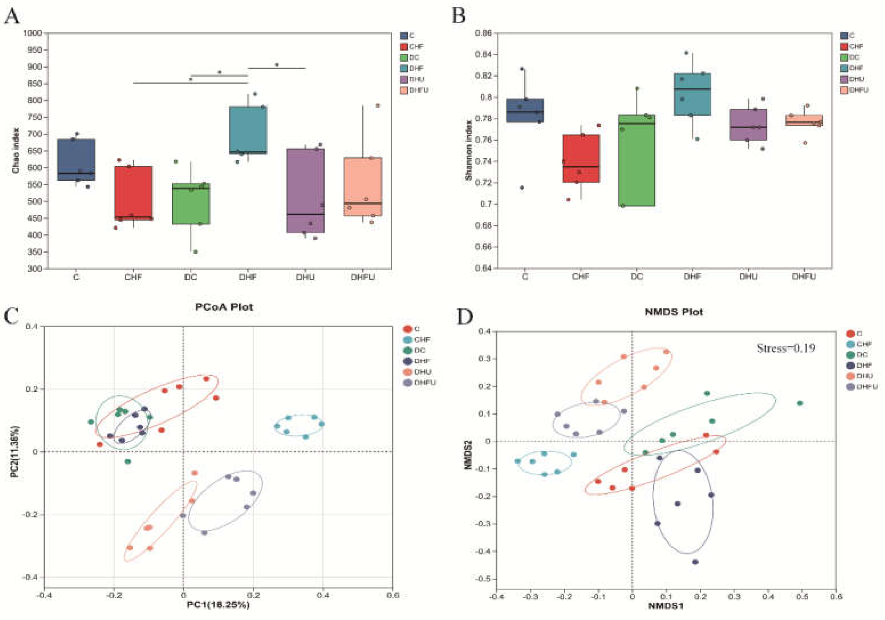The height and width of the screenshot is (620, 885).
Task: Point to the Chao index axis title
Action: (16, 151)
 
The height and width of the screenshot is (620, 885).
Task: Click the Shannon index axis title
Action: (468, 151)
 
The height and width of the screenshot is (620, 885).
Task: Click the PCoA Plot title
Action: (224, 307)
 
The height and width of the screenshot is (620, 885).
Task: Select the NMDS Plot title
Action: (674, 312)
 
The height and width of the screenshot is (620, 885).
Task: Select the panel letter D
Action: (465, 317)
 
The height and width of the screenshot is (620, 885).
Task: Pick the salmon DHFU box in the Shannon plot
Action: (804, 120)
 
